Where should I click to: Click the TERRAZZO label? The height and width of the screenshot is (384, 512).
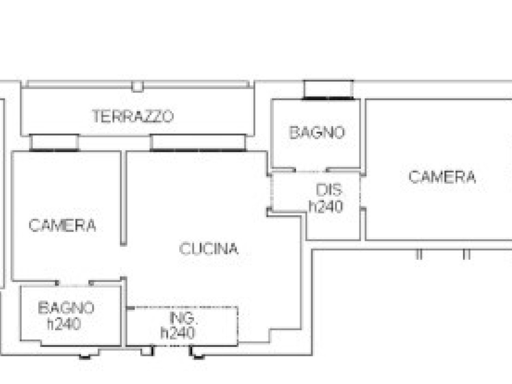(133, 116)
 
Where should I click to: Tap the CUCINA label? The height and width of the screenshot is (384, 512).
(209, 249)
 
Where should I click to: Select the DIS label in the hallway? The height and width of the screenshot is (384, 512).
(329, 190)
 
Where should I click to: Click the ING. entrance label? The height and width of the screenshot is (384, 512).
(184, 318)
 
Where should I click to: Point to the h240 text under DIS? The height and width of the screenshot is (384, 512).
(326, 207)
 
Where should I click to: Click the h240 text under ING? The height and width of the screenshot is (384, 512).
(177, 333)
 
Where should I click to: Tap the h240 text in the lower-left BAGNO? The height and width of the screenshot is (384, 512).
(64, 323)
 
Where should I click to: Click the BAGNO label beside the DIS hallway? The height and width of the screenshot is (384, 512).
(317, 132)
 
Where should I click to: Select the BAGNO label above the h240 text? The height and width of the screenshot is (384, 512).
(66, 308)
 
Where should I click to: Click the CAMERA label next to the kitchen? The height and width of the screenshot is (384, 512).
(62, 225)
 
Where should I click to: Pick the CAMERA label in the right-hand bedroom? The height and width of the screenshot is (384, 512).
(442, 177)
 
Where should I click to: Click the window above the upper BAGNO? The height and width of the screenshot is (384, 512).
(328, 90)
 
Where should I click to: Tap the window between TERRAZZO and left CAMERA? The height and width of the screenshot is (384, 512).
(54, 143)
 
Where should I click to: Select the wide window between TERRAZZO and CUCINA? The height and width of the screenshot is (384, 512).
(198, 143)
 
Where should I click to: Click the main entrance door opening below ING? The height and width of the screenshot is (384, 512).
(172, 346)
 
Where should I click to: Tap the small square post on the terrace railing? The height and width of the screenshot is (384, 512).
(137, 86)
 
